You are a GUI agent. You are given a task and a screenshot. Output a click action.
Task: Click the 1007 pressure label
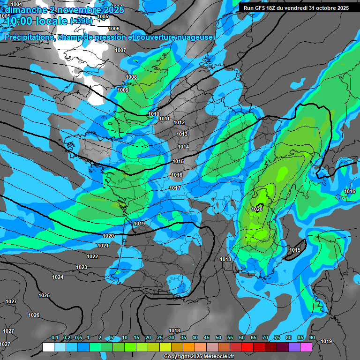coord(120,50)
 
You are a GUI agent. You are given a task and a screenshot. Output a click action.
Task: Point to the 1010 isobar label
coord(154,114)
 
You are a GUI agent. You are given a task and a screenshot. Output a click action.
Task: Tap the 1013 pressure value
coord(182,135)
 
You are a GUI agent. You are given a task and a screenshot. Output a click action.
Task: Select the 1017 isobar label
coord(175,188)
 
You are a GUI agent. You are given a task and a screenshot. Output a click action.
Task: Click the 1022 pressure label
coord(92,256)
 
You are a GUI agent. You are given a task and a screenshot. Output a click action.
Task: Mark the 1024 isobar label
coord(58,277)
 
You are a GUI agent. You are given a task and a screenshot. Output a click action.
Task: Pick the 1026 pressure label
coord(34,315)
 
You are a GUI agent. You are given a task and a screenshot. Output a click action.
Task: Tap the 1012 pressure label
coord(179,122)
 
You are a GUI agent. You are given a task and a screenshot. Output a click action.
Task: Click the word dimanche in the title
coord(24,9)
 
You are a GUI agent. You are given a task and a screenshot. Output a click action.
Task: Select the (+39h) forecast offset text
coord(81,21)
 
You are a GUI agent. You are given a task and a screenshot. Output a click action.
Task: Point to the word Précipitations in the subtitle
coord(29,37)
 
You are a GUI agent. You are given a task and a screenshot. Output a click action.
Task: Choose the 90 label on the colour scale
coord(312,337)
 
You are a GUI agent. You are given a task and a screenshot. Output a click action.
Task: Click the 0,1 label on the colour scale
coord(55,337)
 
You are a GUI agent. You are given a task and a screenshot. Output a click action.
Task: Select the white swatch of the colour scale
coord(48,347)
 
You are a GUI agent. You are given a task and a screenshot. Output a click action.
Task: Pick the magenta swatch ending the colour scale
coord(306,347)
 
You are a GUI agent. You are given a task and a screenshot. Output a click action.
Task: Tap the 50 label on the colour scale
coord(218,337)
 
